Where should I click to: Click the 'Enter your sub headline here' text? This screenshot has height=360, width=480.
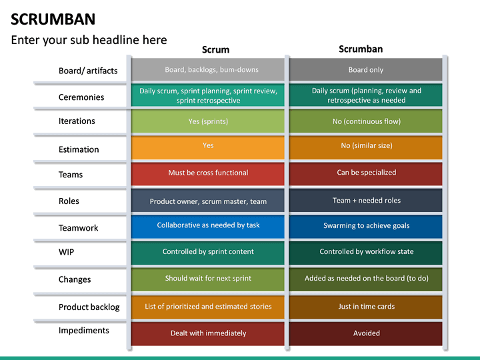tap(89, 40)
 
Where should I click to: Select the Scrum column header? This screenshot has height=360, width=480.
tap(215, 49)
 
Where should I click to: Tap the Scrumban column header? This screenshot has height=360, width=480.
tap(361, 49)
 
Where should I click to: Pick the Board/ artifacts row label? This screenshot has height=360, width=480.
tap(88, 71)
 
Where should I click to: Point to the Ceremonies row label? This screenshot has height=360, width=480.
tap(81, 97)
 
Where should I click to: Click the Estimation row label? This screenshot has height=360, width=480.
tap(79, 149)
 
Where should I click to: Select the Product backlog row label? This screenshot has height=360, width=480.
tap(89, 307)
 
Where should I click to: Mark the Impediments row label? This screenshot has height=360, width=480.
tap(83, 331)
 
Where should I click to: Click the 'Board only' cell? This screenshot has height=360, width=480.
tap(366, 70)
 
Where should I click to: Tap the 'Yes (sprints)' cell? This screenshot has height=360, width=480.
tap(208, 121)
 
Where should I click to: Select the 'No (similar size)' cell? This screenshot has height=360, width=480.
tap(366, 146)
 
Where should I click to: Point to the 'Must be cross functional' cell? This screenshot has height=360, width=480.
tap(208, 173)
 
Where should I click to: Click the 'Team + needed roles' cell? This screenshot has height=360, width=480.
tap(366, 201)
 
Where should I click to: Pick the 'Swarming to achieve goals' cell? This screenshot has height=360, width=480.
tap(366, 226)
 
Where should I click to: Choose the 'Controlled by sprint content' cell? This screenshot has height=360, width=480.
tap(208, 252)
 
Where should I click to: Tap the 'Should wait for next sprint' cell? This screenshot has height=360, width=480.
tap(208, 279)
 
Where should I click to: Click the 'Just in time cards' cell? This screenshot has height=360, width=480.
tap(366, 307)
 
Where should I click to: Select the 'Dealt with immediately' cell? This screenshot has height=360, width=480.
tap(208, 333)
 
